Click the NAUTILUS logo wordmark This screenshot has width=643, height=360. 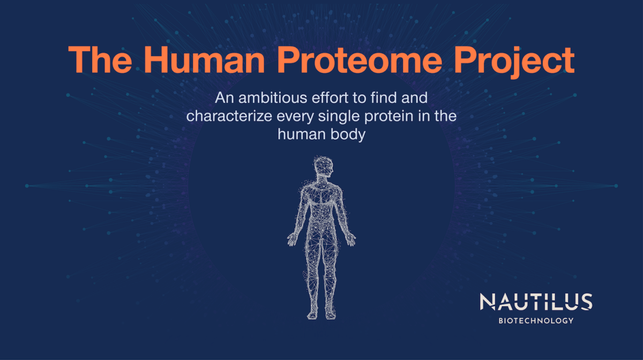(x=536, y=302)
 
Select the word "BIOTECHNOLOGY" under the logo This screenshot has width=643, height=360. (x=536, y=320)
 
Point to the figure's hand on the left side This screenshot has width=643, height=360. (x=292, y=238)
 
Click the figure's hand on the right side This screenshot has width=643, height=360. (x=350, y=238)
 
